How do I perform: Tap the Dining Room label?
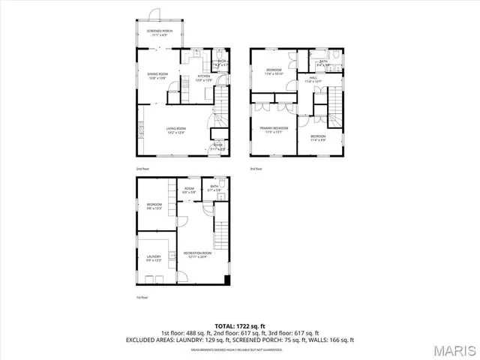(x=157, y=75)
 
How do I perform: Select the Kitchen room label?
(x=203, y=77)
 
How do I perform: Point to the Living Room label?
(x=176, y=130)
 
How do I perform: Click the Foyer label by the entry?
(x=217, y=146)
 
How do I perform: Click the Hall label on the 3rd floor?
(x=311, y=79)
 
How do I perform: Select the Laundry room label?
(x=154, y=259)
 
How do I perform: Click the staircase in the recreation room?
(x=220, y=236)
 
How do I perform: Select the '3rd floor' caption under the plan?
(x=256, y=169)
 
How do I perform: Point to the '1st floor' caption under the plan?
(x=142, y=297)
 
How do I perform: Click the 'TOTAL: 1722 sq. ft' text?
(x=240, y=326)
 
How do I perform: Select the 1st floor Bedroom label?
(x=154, y=206)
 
